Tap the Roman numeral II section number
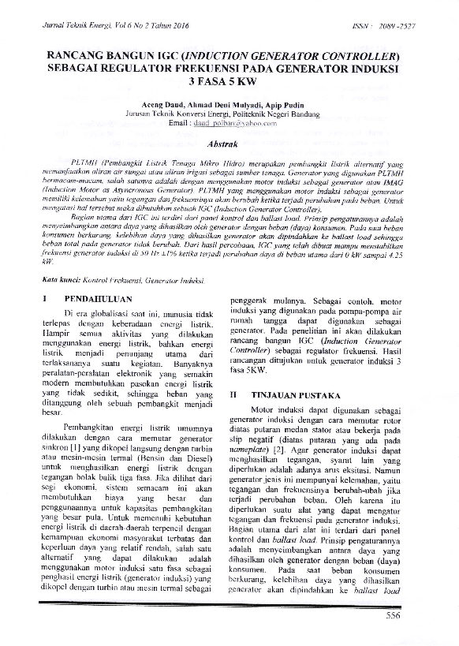point(233,393)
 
